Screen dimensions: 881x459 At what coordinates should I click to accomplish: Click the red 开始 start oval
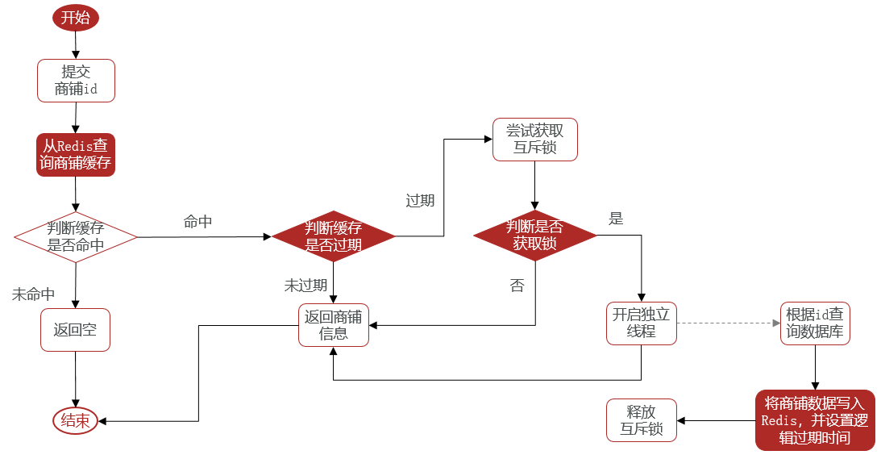75,18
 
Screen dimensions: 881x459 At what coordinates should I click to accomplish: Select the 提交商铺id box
76,81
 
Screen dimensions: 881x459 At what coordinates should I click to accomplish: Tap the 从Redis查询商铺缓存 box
76,155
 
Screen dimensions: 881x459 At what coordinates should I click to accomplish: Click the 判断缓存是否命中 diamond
76,237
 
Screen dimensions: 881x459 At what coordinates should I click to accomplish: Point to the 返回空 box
75,330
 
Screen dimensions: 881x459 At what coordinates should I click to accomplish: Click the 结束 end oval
75,421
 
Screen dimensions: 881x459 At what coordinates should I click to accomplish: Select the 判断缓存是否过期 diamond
333,236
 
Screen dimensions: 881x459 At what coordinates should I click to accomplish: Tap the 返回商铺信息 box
333,325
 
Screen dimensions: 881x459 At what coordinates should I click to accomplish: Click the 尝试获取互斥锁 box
535,140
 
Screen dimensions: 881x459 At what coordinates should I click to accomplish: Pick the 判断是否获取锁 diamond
535,235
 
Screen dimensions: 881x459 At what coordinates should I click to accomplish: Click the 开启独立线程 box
641,323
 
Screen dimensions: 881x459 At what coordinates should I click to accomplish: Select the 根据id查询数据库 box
815,323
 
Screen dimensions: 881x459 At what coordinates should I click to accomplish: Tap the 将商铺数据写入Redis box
815,420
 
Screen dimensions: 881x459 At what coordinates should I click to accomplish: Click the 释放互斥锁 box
641,420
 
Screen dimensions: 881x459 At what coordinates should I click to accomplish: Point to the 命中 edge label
197,222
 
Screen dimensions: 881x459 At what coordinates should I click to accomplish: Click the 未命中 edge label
33,294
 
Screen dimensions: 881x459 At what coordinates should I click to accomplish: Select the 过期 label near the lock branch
420,201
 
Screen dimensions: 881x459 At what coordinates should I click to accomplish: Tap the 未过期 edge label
305,286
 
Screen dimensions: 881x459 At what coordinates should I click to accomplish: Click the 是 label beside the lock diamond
617,219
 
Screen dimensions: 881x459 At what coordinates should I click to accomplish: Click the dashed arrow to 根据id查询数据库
728,323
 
